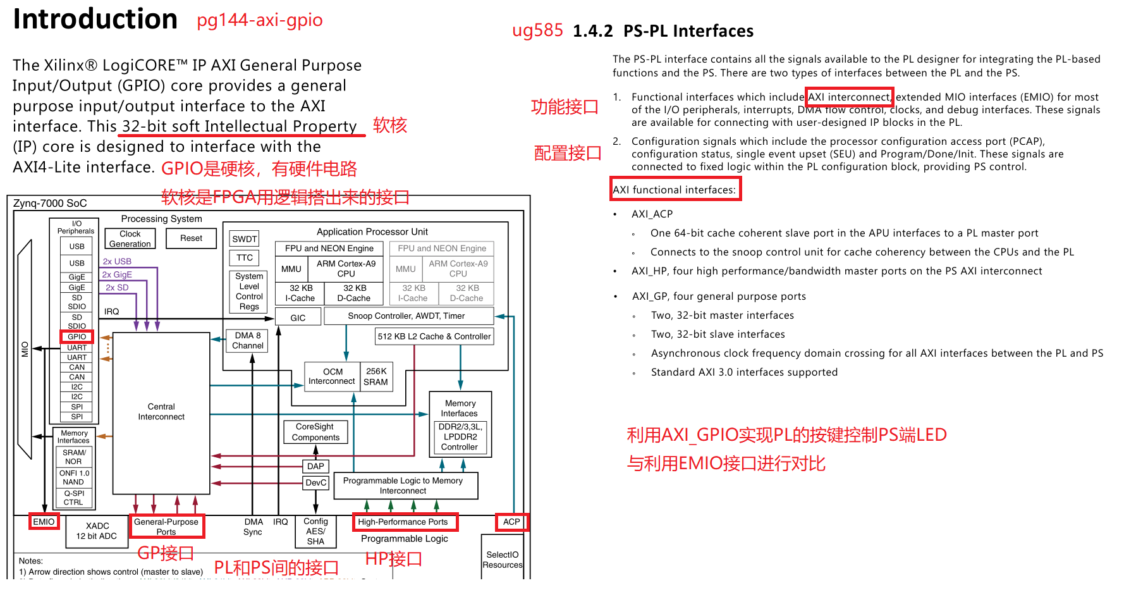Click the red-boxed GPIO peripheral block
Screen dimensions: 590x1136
click(x=76, y=336)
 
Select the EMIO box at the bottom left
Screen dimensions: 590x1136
click(x=44, y=522)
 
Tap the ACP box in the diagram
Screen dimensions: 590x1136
click(x=511, y=522)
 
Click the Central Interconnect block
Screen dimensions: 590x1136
click(x=161, y=412)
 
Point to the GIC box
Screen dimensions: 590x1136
click(x=298, y=317)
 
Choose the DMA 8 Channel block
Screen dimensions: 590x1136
click(x=247, y=340)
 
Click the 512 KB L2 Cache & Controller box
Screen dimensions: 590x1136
click(x=434, y=336)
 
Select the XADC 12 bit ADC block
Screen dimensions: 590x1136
click(x=97, y=531)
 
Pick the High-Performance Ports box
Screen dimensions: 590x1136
click(x=404, y=522)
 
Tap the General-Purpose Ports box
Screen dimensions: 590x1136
click(x=166, y=526)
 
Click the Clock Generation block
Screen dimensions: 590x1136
click(x=130, y=238)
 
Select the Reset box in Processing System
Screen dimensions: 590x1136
click(x=191, y=238)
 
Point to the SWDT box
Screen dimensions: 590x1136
click(x=245, y=238)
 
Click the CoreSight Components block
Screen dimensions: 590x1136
click(x=315, y=432)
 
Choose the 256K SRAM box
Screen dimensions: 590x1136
click(x=376, y=376)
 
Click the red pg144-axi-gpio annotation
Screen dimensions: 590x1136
click(x=259, y=20)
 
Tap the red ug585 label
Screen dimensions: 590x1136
click(x=537, y=30)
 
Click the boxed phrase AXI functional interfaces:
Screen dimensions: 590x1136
click(x=675, y=189)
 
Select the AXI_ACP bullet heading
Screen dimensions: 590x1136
click(x=652, y=214)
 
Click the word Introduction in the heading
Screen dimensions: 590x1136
click(x=95, y=19)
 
